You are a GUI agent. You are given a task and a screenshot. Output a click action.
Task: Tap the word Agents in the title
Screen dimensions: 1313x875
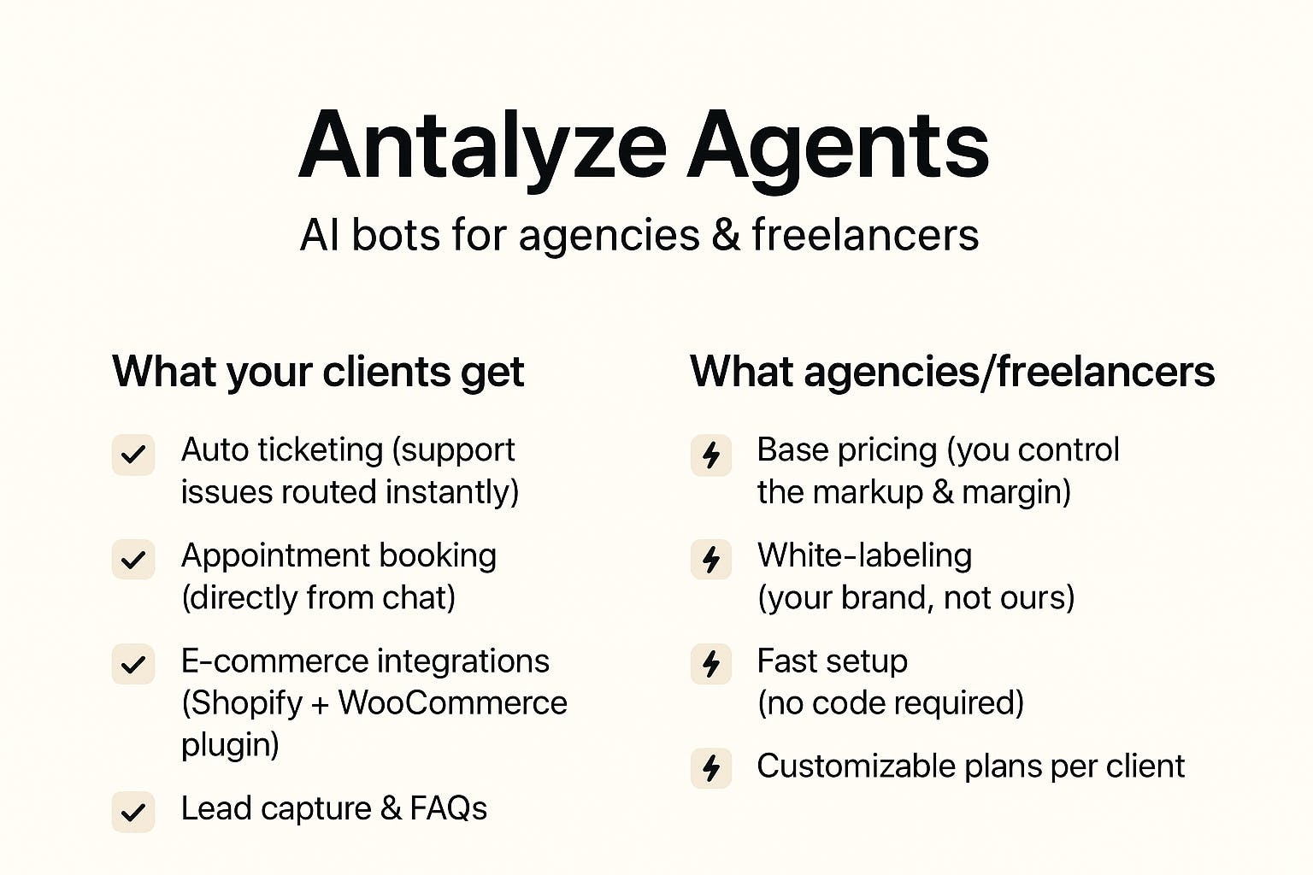pos(839,150)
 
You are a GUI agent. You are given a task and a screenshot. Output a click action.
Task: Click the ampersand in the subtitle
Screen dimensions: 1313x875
pos(726,234)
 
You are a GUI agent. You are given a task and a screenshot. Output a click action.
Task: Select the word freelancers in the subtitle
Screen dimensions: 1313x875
pos(865,234)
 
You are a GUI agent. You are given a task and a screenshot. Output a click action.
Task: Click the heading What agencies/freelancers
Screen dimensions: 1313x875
pos(952,372)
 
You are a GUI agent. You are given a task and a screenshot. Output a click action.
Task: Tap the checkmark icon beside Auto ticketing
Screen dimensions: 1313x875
pos(133,455)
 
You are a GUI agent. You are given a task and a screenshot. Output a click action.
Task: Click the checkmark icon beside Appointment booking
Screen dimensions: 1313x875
pos(133,559)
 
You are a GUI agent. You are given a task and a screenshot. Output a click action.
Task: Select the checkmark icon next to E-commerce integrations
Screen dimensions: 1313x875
pos(133,664)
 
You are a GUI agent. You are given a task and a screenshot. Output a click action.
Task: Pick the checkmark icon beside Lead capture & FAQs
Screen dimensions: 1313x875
pos(133,812)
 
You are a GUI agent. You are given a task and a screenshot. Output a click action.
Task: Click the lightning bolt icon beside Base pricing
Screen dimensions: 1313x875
pos(711,455)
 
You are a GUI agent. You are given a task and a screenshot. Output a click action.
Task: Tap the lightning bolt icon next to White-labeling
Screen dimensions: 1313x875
pos(711,559)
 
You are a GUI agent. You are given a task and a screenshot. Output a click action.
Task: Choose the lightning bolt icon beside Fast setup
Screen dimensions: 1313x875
pos(711,664)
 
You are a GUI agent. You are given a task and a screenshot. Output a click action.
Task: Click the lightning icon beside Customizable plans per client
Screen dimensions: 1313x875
pos(711,767)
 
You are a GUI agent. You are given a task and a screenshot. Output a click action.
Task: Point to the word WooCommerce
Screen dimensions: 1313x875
pos(452,702)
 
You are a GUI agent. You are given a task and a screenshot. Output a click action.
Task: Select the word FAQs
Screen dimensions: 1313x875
pos(449,808)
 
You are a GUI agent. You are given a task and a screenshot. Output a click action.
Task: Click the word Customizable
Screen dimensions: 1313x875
pos(856,766)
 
